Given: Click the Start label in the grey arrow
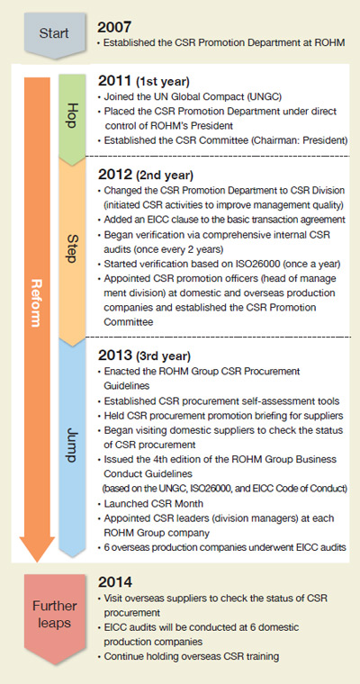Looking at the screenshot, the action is [x=54, y=33].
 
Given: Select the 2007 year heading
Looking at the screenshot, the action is [x=114, y=28].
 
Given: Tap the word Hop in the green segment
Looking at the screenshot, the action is [x=72, y=115].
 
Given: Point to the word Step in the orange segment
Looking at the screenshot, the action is [x=72, y=250].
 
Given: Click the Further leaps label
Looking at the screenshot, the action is [x=54, y=614].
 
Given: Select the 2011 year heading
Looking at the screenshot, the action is [x=115, y=81].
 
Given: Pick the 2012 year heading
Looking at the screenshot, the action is [x=115, y=175].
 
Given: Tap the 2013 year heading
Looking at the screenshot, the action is [x=115, y=355].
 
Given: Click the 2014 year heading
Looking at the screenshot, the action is [x=115, y=582].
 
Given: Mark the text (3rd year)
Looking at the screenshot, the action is [x=163, y=356].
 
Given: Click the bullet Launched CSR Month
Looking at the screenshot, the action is [x=151, y=503].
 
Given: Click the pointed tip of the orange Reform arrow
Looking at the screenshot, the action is [x=38, y=562].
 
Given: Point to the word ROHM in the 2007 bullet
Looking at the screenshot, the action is [x=333, y=43].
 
